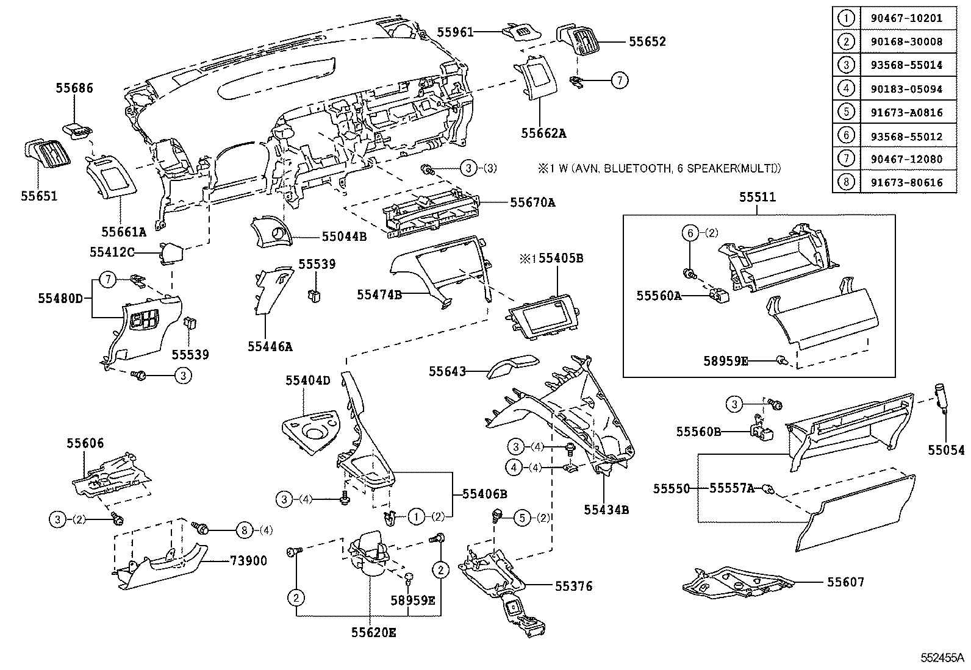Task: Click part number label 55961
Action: [x=455, y=32]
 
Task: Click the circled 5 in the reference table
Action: [x=846, y=112]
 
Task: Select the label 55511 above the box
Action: [x=758, y=197]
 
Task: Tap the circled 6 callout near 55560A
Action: [x=689, y=233]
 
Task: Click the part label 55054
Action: [x=946, y=451]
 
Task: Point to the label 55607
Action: [x=845, y=582]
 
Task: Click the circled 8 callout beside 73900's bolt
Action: [x=244, y=530]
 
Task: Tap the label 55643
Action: [x=447, y=371]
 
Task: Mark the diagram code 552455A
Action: [x=942, y=658]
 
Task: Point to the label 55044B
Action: [x=344, y=236]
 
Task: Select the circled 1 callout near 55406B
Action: [x=416, y=517]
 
